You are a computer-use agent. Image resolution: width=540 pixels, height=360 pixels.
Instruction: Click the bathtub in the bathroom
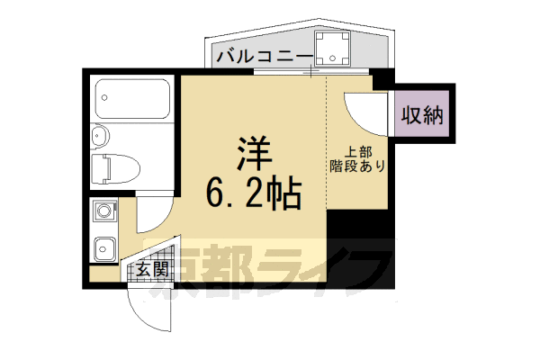point(132,100)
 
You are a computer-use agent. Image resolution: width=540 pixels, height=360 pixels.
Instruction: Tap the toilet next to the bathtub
point(114,168)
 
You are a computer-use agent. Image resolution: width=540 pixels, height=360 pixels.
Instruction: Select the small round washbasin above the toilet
point(100,137)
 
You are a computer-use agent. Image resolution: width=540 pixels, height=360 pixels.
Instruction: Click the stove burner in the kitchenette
point(103,213)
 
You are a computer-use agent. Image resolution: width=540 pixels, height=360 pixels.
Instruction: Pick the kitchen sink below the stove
point(104,245)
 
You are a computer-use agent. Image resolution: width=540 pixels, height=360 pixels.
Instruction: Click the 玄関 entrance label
point(151,269)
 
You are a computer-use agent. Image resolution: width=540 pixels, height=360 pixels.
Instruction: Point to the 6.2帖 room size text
point(252,191)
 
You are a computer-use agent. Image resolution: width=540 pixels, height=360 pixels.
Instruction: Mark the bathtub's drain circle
point(103,94)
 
